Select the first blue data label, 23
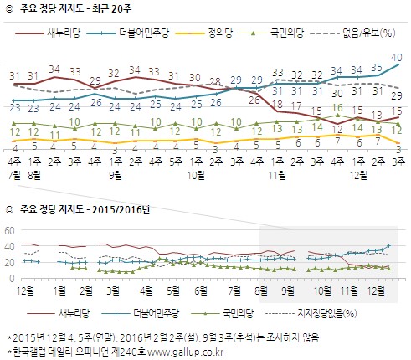tap(14, 107)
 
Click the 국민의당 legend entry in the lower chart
tap(244, 311)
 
